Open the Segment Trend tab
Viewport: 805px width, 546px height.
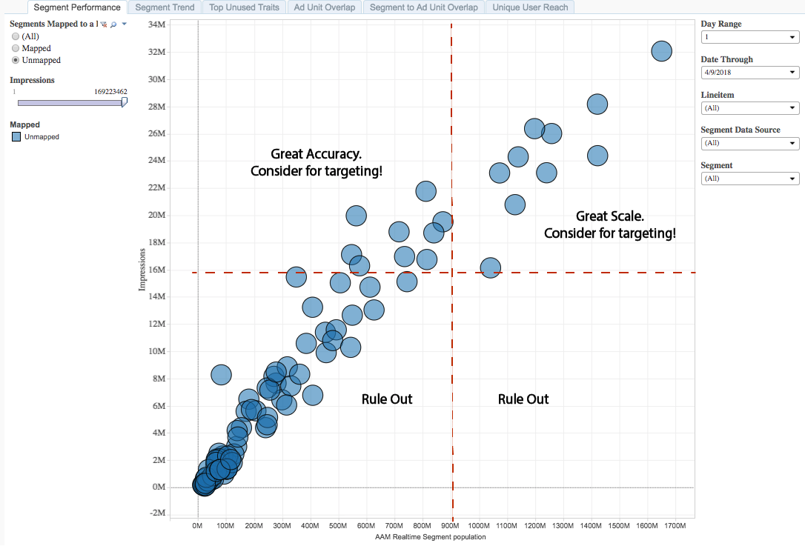tap(165, 7)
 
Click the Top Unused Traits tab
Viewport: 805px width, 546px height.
tap(244, 7)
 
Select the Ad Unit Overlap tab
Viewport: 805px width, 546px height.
tap(324, 7)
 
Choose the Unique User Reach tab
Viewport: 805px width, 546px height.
tap(530, 7)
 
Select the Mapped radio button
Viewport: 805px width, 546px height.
tap(16, 48)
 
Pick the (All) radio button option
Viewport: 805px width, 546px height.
tap(16, 36)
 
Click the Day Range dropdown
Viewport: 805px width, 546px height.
tap(749, 37)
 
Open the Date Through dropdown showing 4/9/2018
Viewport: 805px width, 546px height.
tap(749, 73)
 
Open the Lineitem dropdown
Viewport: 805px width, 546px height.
tap(749, 108)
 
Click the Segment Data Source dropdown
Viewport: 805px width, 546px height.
tap(749, 143)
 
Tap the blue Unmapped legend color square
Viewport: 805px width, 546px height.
tap(16, 137)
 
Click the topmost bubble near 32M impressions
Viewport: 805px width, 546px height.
tap(661, 51)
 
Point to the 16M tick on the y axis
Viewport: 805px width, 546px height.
tap(156, 270)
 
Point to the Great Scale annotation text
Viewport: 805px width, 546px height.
tap(610, 224)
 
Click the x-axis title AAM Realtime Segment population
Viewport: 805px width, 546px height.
tap(431, 537)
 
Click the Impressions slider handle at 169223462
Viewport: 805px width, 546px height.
tap(125, 102)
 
